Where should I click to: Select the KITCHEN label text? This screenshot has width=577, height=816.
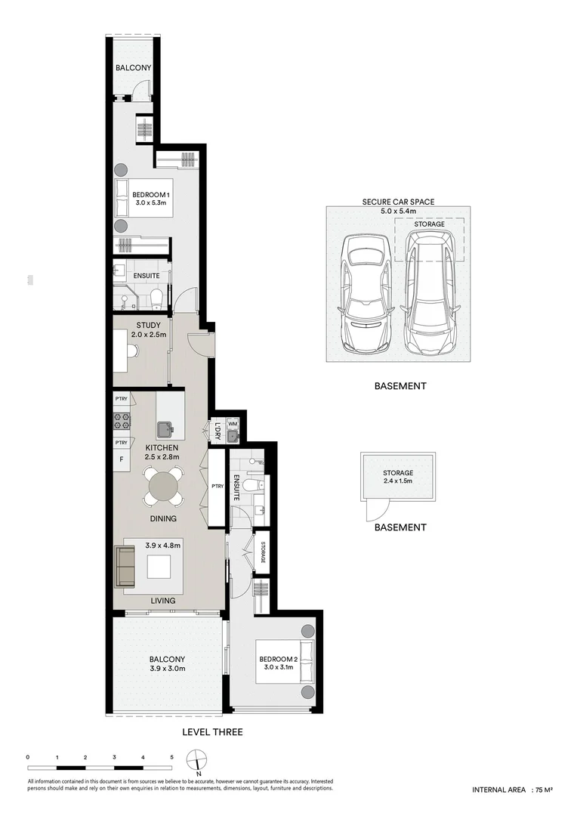pyautogui.click(x=162, y=448)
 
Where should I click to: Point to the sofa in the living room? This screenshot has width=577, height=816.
pyautogui.click(x=125, y=566)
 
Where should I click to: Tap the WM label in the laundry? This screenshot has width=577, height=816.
pyautogui.click(x=232, y=425)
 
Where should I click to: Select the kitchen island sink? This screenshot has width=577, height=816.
pyautogui.click(x=166, y=430)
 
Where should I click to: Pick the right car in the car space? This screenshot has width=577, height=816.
pyautogui.click(x=428, y=293)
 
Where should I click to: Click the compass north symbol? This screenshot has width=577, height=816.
pyautogui.click(x=197, y=759)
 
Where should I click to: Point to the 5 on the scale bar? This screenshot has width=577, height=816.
pyautogui.click(x=171, y=756)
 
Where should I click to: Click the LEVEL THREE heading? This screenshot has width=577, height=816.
pyautogui.click(x=212, y=732)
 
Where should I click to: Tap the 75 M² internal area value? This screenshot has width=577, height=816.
pyautogui.click(x=543, y=790)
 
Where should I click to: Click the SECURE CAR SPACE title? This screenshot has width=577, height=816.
pyautogui.click(x=398, y=202)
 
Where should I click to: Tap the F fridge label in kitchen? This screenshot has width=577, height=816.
pyautogui.click(x=119, y=459)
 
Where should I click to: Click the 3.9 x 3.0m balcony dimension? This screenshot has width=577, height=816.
pyautogui.click(x=167, y=669)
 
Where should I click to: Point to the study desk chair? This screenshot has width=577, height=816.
pyautogui.click(x=132, y=351)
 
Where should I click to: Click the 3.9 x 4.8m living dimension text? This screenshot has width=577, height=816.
pyautogui.click(x=163, y=544)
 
